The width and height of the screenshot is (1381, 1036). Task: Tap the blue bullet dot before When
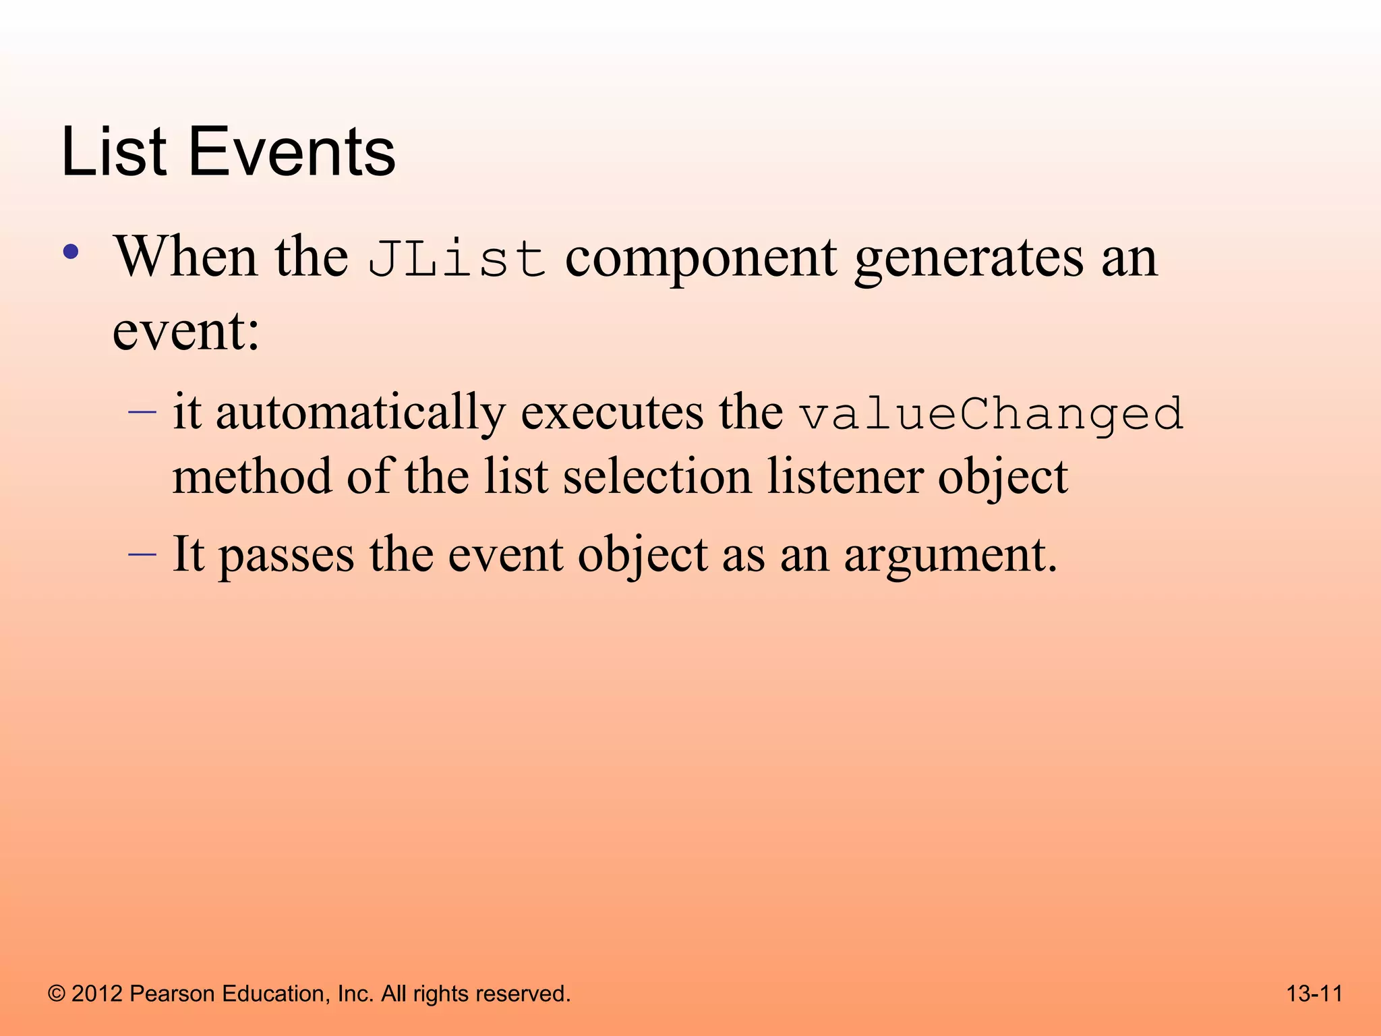71,253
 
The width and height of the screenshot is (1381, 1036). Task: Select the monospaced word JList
457,259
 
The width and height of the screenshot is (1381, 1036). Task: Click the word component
701,259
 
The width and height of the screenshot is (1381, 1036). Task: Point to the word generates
968,259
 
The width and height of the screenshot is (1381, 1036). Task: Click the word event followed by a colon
185,332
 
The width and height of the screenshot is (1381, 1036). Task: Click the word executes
612,413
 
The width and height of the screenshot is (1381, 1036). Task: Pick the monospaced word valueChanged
991,414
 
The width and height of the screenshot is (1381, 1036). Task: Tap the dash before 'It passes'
142,553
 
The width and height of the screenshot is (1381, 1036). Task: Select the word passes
287,556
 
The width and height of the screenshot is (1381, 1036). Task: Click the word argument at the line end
949,556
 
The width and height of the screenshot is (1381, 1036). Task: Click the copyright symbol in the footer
57,994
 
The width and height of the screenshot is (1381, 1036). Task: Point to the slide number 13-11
1314,994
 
